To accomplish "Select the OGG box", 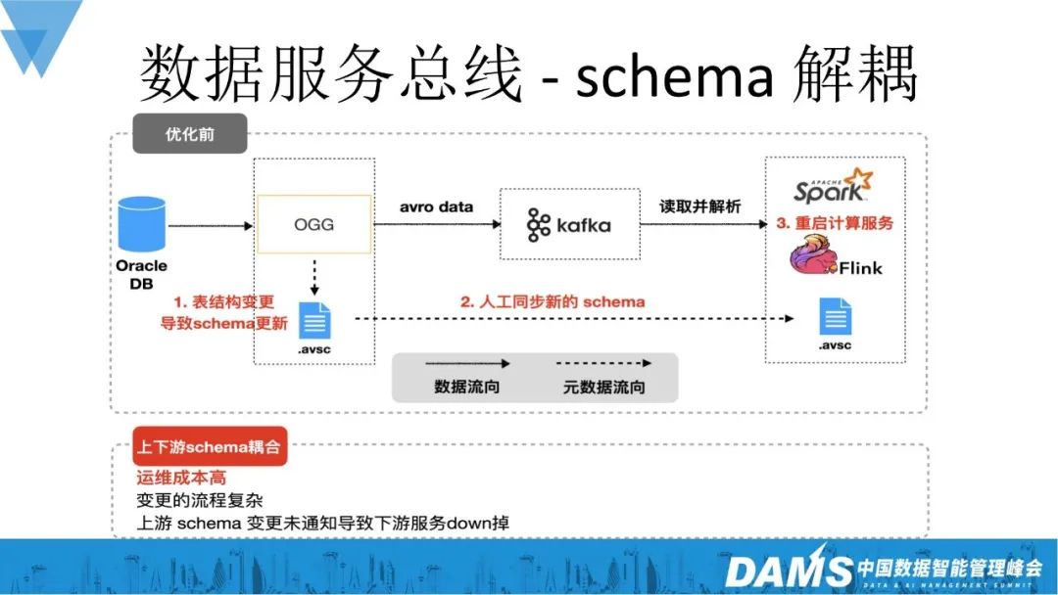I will pyautogui.click(x=313, y=224).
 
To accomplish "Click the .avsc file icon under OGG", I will pyautogui.click(x=314, y=321).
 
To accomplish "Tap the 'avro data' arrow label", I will pyautogui.click(x=436, y=206).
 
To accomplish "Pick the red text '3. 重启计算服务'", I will pyautogui.click(x=835, y=223).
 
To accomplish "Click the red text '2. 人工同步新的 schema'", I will pyautogui.click(x=553, y=301).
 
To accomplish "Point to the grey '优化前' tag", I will pyautogui.click(x=176, y=135).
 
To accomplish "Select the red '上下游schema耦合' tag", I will pyautogui.click(x=209, y=449).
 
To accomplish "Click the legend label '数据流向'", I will pyautogui.click(x=467, y=387).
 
